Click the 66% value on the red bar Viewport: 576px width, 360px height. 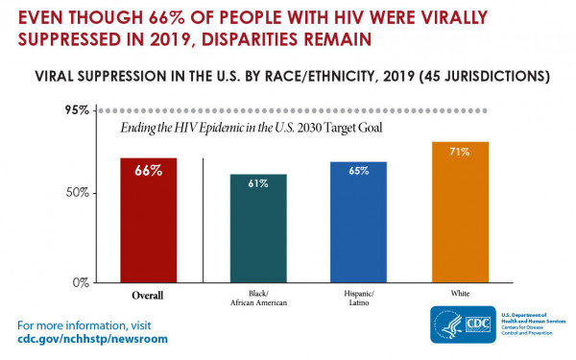(148, 171)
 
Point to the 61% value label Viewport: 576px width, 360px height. (258, 183)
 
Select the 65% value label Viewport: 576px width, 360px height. (357, 171)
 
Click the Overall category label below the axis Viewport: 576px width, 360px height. (147, 295)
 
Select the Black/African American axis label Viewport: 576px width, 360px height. (257, 300)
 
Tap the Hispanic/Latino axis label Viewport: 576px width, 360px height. (357, 300)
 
